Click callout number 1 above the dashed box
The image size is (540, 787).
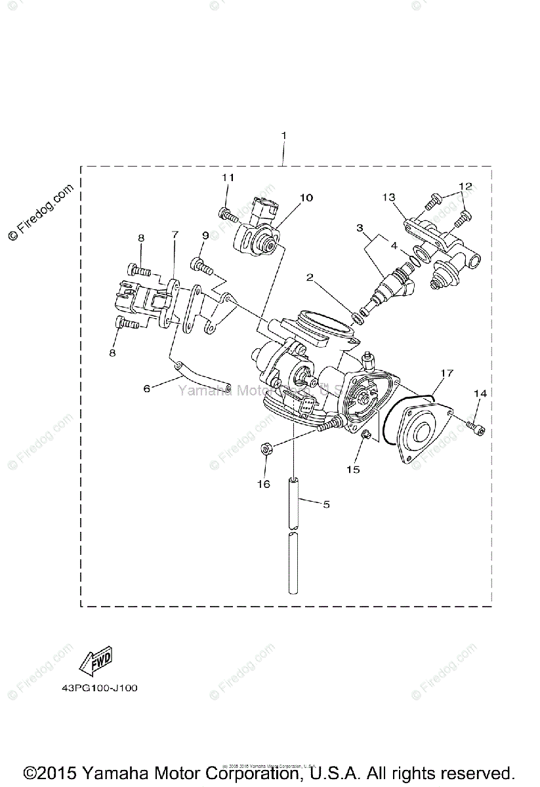point(283,136)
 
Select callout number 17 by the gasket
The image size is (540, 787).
point(447,373)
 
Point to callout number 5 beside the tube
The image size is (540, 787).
point(325,504)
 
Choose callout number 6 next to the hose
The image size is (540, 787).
point(146,388)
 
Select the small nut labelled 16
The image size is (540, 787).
point(267,449)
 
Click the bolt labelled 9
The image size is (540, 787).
point(201,266)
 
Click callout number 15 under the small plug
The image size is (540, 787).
point(354,470)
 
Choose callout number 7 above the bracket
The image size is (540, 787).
point(175,234)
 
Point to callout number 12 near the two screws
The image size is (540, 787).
point(465,186)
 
